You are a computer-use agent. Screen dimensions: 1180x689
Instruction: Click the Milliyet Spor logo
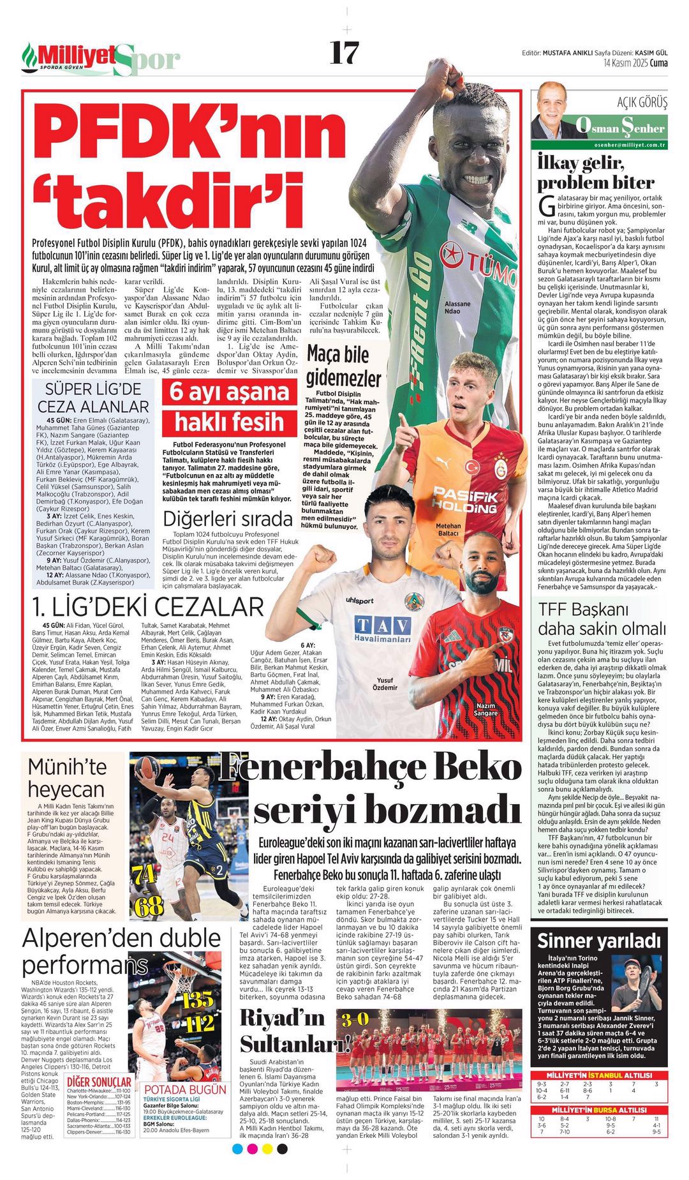pos(101,59)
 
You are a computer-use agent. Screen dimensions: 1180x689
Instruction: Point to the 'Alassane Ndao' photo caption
pos(457,308)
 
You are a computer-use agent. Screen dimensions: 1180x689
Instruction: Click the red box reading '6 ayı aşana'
pos(229,391)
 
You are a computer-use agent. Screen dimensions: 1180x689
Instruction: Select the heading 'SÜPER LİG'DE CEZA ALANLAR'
pos(93,398)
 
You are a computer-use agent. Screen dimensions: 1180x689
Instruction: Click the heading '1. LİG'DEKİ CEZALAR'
pos(148,607)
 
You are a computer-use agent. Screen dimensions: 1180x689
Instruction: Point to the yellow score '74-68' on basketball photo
pos(148,888)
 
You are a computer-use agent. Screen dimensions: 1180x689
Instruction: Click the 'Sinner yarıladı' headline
pos(599,941)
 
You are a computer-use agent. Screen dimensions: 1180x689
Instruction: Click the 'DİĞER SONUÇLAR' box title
pos(100,1082)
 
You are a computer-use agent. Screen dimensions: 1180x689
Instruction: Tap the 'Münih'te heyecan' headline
pos(66,778)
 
